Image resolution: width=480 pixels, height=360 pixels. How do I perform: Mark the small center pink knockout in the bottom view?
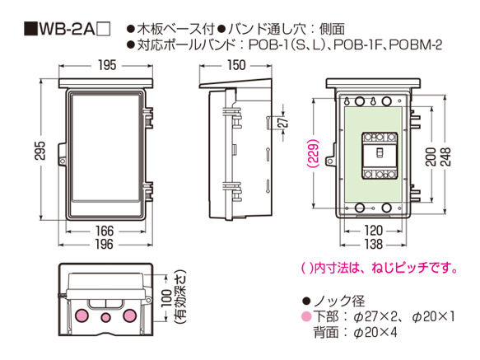(x=105, y=316)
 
